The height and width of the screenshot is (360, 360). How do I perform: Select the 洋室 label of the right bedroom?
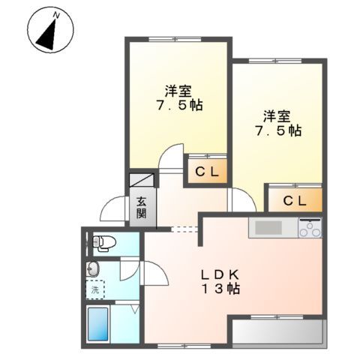tap(276, 116)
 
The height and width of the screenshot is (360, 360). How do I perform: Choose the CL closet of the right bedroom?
tap(295, 200)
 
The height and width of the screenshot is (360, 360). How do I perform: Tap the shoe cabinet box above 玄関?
tap(142, 180)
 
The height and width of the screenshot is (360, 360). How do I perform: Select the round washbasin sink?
tap(94, 268)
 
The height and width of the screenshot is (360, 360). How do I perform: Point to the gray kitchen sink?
tap(268, 227)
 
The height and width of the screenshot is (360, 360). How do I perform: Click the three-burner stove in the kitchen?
tap(310, 226)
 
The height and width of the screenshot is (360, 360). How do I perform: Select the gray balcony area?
tap(278, 332)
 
